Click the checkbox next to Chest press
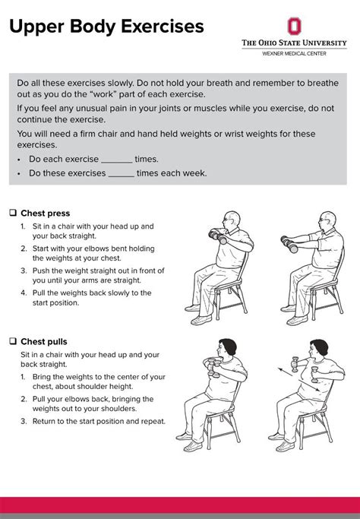pos(13,213)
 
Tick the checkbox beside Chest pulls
pos(13,341)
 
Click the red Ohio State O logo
pos(294,26)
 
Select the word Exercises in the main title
pos(162,27)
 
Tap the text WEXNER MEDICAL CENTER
pos(294,53)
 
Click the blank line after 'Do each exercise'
pos(117,162)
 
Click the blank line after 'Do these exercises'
pos(122,176)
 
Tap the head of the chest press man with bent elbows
pos(232,220)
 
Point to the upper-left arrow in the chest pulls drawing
pos(285,372)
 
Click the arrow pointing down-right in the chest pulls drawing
pos(310,386)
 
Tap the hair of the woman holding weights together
pos(229,346)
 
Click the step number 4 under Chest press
pos(24,293)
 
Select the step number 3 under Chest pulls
pos(24,422)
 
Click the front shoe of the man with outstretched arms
pos(297,321)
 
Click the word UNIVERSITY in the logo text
pos(324,43)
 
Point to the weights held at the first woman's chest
pos(213,367)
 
